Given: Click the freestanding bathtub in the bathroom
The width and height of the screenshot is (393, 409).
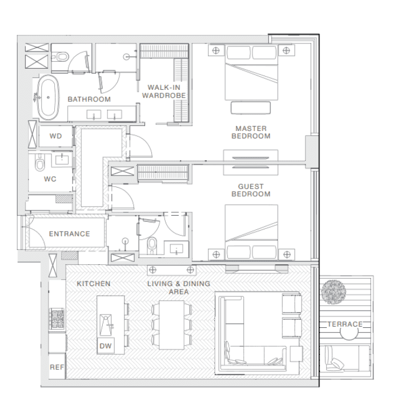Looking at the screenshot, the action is (x=48, y=97).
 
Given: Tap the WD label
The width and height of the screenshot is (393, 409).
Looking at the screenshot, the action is (x=56, y=136).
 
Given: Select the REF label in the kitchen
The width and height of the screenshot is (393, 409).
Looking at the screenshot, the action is (x=57, y=367).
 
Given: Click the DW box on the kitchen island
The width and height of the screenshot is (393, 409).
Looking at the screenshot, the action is (x=106, y=346).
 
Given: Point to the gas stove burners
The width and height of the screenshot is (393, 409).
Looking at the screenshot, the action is (x=57, y=319).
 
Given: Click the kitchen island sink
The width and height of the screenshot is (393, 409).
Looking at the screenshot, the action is (x=106, y=325).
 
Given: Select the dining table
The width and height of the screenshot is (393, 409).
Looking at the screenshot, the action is (x=171, y=325).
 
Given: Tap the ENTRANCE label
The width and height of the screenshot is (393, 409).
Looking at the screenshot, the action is (x=70, y=234).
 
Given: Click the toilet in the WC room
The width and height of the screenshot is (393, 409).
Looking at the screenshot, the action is (x=40, y=162).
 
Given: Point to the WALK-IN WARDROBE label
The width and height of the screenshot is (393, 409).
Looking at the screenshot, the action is (x=164, y=92).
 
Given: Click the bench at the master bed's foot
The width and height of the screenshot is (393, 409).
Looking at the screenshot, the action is (x=251, y=108).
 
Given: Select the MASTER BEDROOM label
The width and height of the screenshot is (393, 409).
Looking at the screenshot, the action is (x=251, y=132).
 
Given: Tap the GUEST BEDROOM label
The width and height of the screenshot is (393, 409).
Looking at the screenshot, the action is (x=251, y=190).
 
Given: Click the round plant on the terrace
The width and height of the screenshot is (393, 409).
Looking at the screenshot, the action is (x=334, y=292).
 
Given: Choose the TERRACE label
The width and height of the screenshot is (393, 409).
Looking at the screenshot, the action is (x=345, y=324).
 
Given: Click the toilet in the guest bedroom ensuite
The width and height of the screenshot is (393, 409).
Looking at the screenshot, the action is (x=152, y=245).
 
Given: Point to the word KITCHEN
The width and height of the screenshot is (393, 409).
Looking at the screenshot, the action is (x=94, y=284).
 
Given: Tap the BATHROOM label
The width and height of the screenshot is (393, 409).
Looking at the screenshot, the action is (x=89, y=99).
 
